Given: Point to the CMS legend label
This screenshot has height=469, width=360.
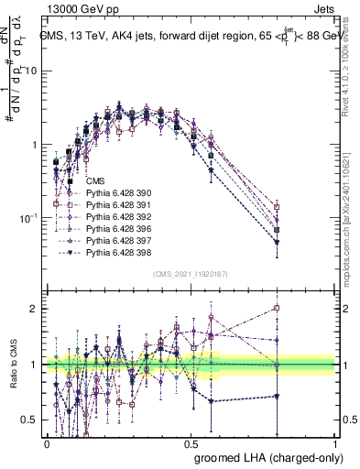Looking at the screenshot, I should coord(93,180).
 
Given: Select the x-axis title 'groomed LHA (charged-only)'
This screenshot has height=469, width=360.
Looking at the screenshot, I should coord(264,456).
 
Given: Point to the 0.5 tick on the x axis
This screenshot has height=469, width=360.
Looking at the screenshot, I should coord(191,441).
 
